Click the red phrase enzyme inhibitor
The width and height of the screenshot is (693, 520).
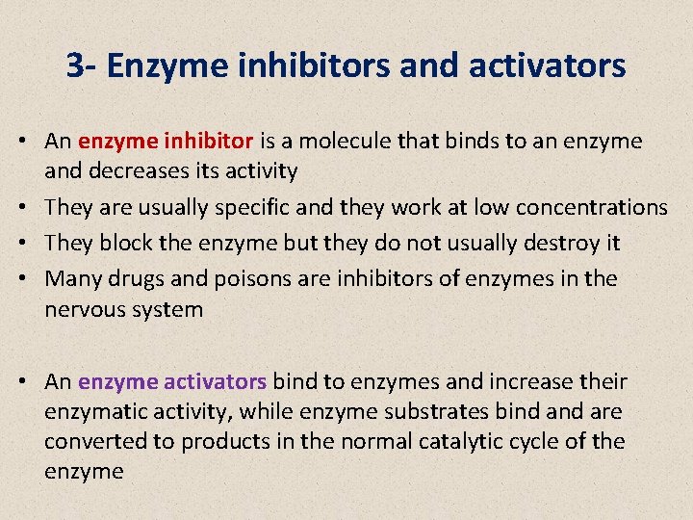pos(166,141)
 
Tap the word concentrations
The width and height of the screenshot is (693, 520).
pos(591,207)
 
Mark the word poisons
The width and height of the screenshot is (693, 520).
pos(252,278)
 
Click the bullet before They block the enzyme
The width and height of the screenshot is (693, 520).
pos(32,243)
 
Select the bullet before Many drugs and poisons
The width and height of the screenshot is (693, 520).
pos(32,278)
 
